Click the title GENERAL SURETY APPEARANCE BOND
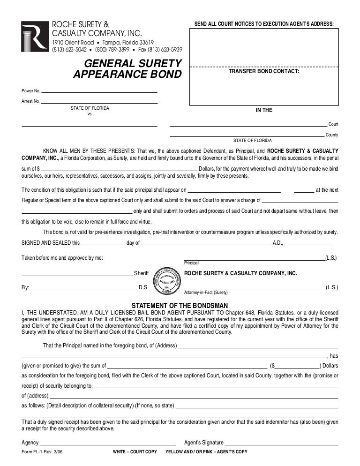(127, 68)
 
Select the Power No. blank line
(99, 90)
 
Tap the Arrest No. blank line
(99, 102)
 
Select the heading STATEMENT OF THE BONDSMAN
(180, 306)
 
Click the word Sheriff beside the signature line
(141, 273)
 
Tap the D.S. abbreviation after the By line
(143, 287)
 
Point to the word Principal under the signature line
(191, 263)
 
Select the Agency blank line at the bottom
(108, 443)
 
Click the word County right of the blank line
(332, 135)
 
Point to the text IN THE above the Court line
(263, 110)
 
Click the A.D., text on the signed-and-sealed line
(278, 243)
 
